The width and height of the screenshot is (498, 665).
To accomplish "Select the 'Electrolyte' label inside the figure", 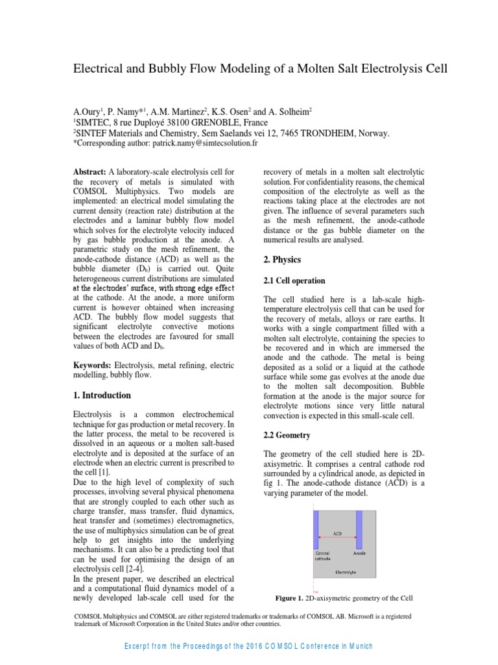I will pos(344,572).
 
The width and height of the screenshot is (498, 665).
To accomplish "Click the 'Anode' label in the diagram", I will pos(359,553).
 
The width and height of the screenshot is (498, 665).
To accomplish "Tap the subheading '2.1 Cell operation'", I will pos(294,281).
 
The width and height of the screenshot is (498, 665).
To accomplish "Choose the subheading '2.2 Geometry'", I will pos(287,435).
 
